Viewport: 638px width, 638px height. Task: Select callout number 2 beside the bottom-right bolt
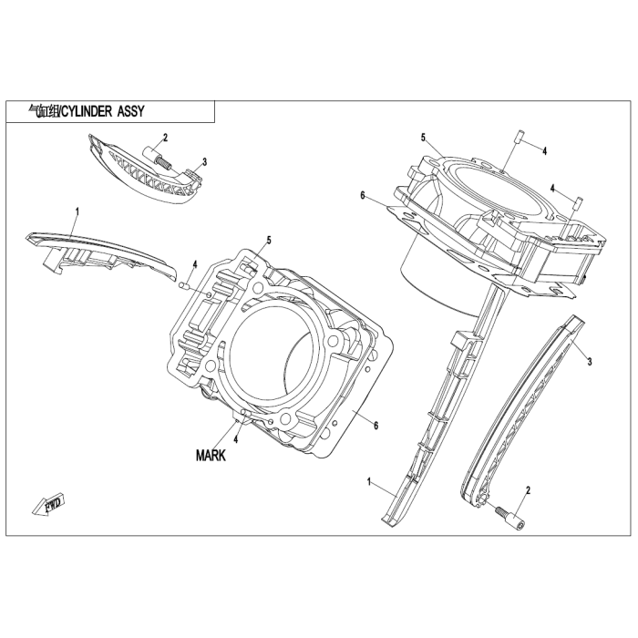[527, 491]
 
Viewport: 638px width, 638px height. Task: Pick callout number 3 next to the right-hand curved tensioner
[590, 362]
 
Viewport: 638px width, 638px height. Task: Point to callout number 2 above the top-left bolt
[165, 138]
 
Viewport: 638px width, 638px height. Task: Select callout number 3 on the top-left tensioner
[204, 161]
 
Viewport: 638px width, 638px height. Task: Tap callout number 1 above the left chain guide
[77, 211]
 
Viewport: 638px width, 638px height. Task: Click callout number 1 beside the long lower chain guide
[369, 480]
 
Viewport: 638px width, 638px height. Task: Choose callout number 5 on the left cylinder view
[269, 240]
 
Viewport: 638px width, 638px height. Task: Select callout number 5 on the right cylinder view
[424, 137]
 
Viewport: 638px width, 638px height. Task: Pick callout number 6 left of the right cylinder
[362, 195]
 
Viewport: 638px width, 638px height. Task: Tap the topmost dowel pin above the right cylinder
[517, 139]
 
